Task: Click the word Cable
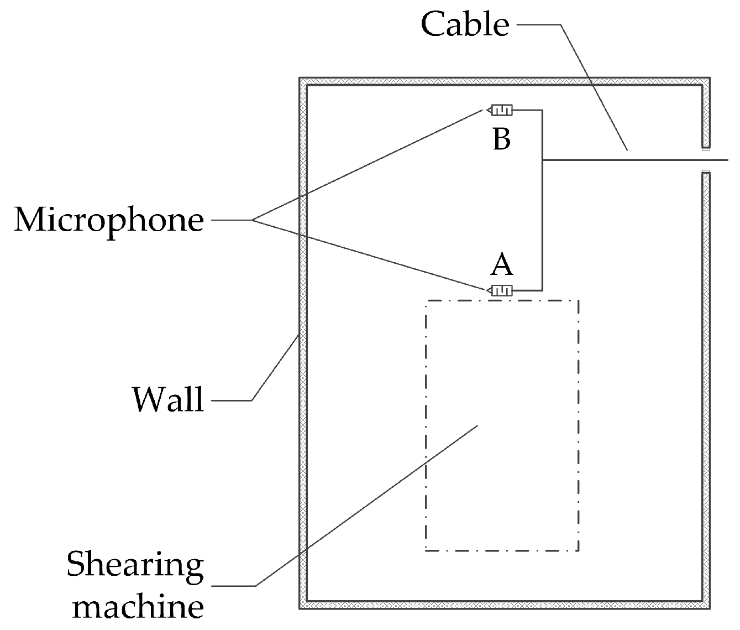tap(465, 25)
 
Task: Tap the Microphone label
tap(109, 220)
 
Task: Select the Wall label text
tap(168, 399)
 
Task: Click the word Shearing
tap(135, 565)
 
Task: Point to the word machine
tap(138, 607)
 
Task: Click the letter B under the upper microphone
tap(501, 139)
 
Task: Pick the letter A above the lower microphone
tap(501, 265)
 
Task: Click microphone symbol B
tap(500, 111)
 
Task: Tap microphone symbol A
tap(500, 290)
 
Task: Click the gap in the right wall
tap(705, 160)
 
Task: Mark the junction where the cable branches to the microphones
tap(543, 160)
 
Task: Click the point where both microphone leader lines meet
tap(253, 220)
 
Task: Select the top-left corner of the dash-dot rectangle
tap(426, 301)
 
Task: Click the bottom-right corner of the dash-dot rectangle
tap(578, 550)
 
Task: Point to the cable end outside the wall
tap(727, 160)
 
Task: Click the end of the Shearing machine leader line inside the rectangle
tap(477, 425)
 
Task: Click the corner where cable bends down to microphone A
tap(543, 290)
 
